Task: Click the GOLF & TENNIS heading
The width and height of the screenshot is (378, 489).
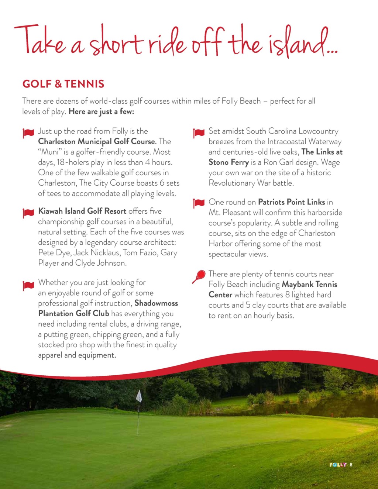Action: point(63,84)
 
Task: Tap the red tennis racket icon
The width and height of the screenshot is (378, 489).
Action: point(199,276)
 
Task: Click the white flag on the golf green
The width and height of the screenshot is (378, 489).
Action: point(139,396)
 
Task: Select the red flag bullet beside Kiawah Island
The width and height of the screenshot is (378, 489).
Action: point(28,213)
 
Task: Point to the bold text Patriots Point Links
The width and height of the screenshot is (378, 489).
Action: point(291,202)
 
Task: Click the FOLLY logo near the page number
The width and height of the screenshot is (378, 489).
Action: point(338,465)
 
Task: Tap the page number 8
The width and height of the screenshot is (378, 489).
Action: point(351,465)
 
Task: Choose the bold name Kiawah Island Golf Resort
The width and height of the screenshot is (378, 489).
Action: point(82,211)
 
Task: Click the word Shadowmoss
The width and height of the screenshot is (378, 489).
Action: point(156,303)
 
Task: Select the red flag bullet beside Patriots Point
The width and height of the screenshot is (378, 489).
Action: point(199,203)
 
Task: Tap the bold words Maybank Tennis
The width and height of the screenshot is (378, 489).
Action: point(309,284)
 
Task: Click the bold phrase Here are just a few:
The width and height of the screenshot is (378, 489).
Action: point(102,111)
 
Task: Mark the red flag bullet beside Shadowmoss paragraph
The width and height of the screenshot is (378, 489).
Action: point(28,285)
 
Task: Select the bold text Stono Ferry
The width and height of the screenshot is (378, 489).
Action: point(228,162)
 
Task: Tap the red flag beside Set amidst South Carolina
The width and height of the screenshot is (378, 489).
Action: point(199,133)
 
